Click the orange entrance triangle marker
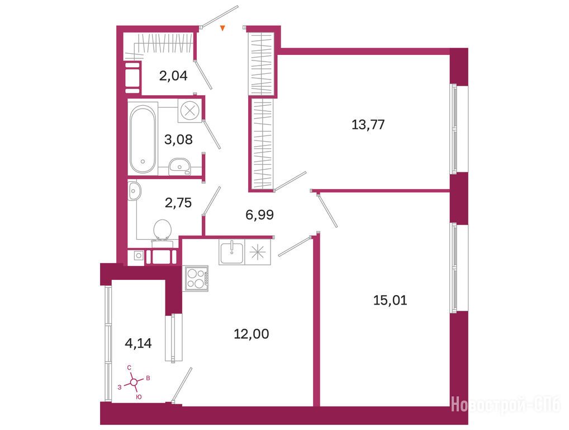click(x=223, y=27)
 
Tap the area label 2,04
click(x=173, y=76)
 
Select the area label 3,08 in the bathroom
click(x=178, y=139)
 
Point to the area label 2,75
click(x=178, y=203)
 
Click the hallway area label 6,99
click(x=259, y=214)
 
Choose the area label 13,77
click(x=368, y=125)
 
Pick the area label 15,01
click(x=390, y=300)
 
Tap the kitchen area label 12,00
click(x=251, y=334)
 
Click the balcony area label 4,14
click(x=138, y=343)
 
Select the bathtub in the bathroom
click(x=143, y=139)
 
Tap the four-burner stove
click(x=196, y=278)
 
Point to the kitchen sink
click(x=231, y=251)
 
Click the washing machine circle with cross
click(x=190, y=110)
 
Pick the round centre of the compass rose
click(x=134, y=382)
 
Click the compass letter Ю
click(x=138, y=397)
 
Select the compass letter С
click(x=129, y=368)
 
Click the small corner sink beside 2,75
click(x=134, y=191)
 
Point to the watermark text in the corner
click(x=506, y=405)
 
